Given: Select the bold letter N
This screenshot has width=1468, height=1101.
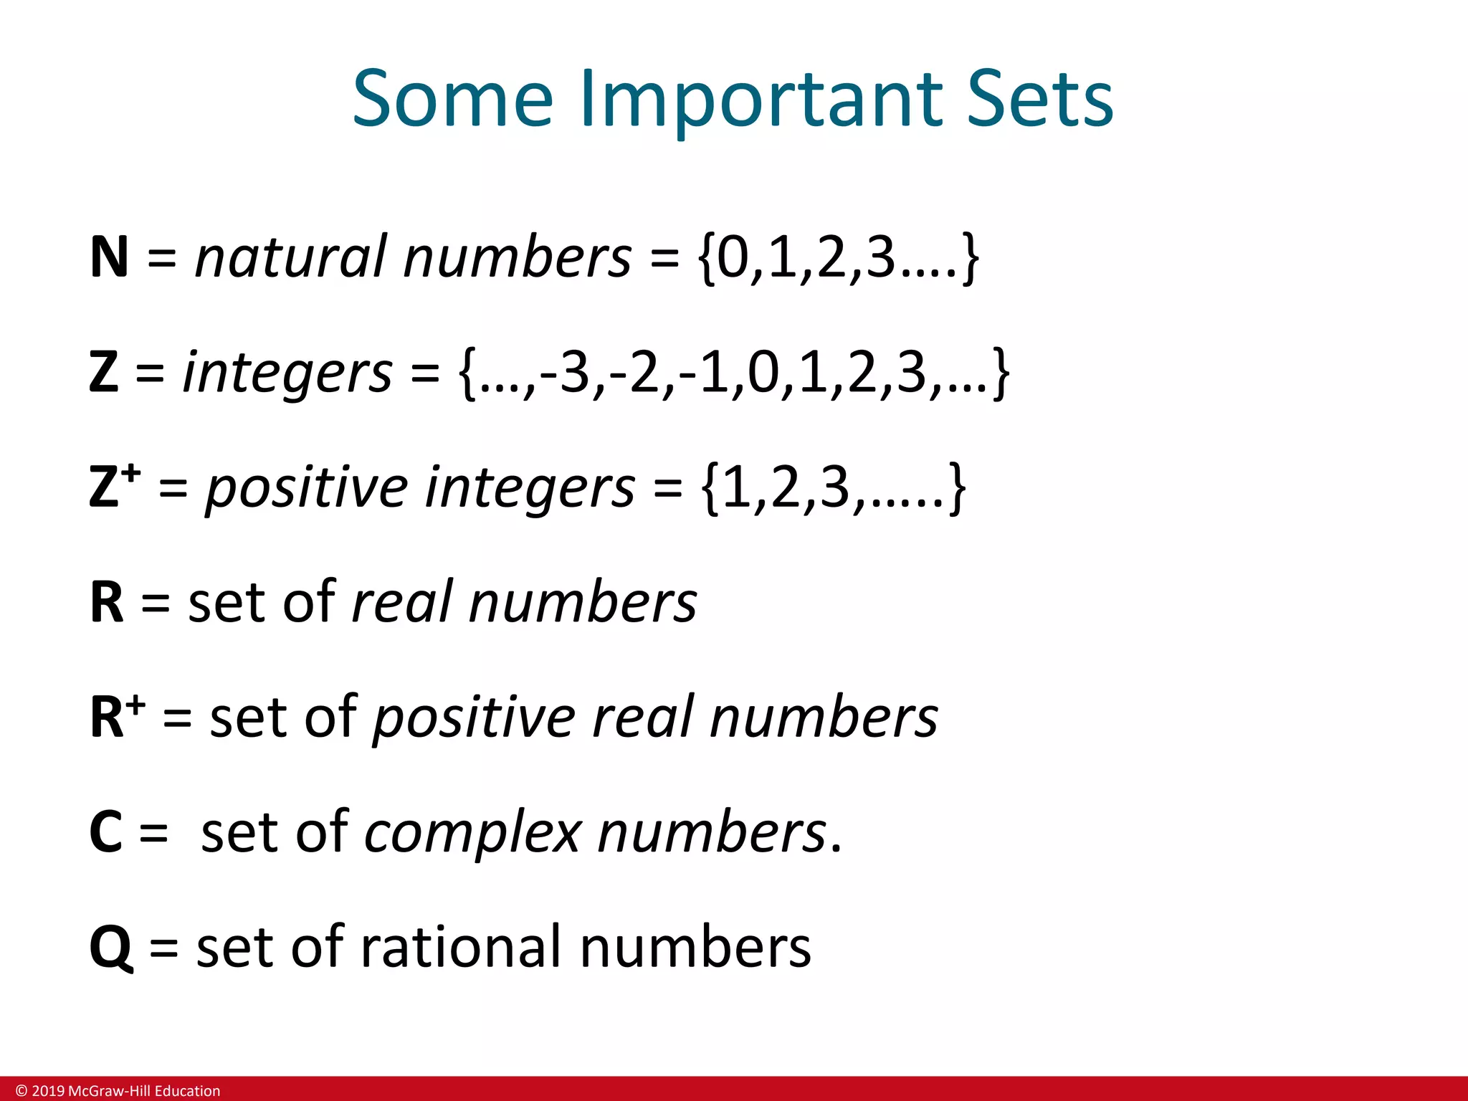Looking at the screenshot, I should (109, 257).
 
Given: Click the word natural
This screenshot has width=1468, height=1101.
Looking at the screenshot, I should (290, 257).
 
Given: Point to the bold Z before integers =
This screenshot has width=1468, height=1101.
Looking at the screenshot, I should (104, 372).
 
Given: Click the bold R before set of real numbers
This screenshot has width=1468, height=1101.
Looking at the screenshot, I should (107, 602).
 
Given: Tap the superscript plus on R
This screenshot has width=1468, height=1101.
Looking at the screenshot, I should (136, 703).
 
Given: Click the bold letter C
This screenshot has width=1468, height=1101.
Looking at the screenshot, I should (106, 832).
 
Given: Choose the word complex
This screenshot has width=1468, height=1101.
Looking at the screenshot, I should (472, 834).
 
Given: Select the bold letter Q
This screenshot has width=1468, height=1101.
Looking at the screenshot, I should (110, 948).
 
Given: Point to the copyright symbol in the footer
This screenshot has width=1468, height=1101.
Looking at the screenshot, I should (22, 1091).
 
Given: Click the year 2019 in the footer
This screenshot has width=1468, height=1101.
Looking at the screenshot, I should (48, 1091).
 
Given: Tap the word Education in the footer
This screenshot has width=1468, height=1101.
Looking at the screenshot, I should (187, 1091).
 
